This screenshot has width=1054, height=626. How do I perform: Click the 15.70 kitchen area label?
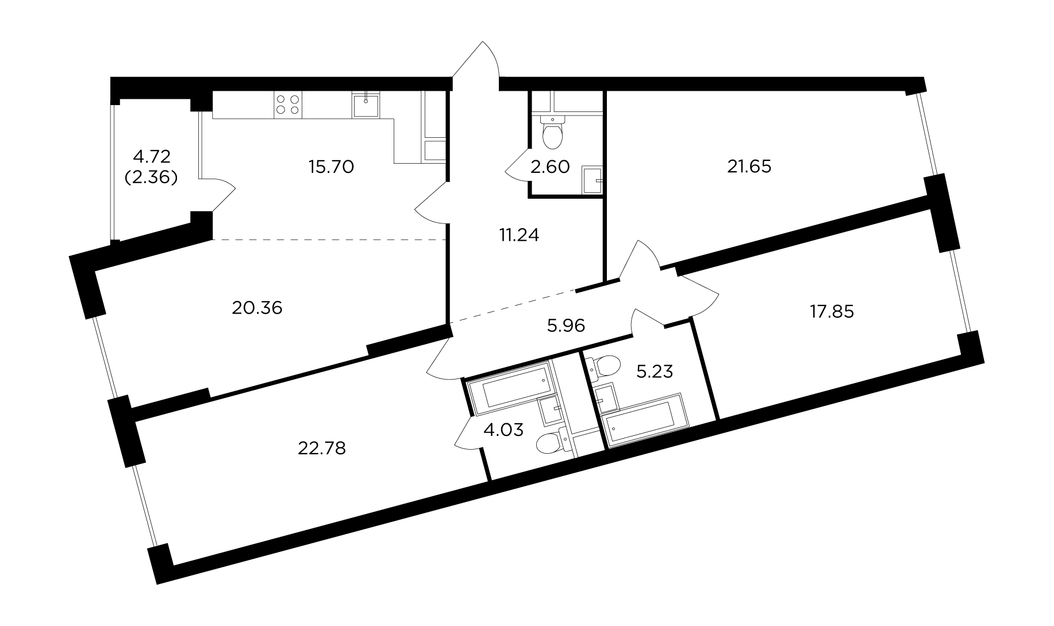tap(331, 167)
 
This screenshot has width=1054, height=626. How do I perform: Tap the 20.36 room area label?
tap(257, 308)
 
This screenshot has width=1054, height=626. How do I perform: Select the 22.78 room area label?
tap(322, 448)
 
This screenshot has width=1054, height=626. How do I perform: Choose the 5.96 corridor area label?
tap(566, 326)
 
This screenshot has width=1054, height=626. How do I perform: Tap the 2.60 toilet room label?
tap(550, 167)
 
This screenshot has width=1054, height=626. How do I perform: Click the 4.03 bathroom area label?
tap(503, 430)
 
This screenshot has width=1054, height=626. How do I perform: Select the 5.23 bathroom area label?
tap(655, 372)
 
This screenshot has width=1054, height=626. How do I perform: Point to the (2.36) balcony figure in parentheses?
tap(151, 177)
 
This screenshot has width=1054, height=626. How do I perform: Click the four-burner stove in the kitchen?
tap(288, 105)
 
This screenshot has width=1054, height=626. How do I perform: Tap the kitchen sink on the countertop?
tap(366, 105)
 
